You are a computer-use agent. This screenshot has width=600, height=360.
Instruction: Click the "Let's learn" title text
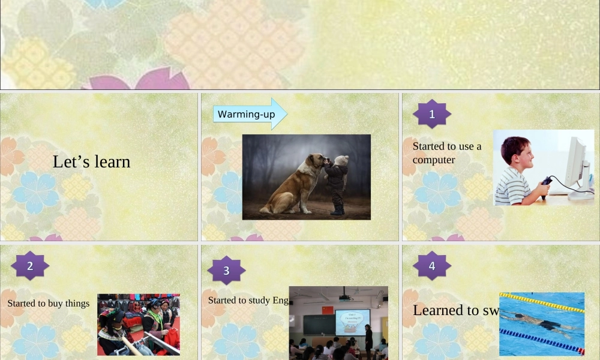click(91, 161)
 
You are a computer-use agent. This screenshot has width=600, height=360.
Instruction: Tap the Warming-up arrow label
click(247, 114)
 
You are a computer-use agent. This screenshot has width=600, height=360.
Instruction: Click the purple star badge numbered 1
click(432, 114)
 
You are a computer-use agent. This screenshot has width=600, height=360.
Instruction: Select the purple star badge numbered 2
click(30, 266)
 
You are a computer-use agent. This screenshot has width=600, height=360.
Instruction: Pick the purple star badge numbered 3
click(226, 271)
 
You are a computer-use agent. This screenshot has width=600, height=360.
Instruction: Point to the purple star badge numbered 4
click(432, 266)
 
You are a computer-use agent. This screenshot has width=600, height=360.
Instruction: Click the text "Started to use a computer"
click(446, 152)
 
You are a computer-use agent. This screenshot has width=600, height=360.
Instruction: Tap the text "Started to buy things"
click(48, 303)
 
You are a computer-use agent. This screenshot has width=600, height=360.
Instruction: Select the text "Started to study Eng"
click(248, 300)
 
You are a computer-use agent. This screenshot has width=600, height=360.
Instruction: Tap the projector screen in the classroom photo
click(352, 322)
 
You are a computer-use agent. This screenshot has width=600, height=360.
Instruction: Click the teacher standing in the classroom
click(368, 338)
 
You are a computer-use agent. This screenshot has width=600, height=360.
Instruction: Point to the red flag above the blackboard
click(327, 310)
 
